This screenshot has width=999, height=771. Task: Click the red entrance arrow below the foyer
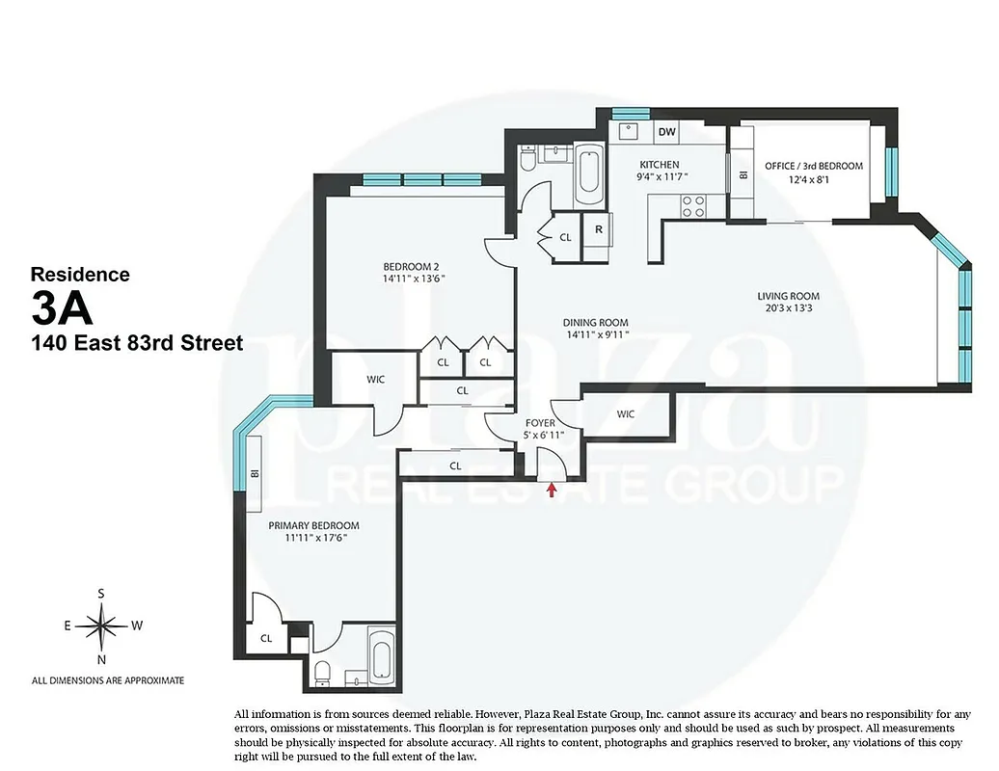pyautogui.click(x=552, y=490)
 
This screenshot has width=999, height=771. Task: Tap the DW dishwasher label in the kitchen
pyautogui.click(x=666, y=131)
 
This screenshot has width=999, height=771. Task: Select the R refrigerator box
pyautogui.click(x=599, y=229)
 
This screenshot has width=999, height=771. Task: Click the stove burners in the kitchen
pyautogui.click(x=692, y=205)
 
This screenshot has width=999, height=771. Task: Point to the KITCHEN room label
pyautogui.click(x=660, y=165)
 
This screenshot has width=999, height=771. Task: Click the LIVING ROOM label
pyautogui.click(x=788, y=296)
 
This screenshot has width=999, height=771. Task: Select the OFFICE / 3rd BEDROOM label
pyautogui.click(x=813, y=166)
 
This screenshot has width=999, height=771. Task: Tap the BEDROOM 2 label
pyautogui.click(x=414, y=267)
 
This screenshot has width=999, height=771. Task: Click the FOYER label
pyautogui.click(x=539, y=422)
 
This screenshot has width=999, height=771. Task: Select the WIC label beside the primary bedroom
pyautogui.click(x=375, y=380)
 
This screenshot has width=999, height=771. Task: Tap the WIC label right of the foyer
pyautogui.click(x=626, y=414)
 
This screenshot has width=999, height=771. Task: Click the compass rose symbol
pyautogui.click(x=101, y=625)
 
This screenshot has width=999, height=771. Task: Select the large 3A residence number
pyautogui.click(x=62, y=308)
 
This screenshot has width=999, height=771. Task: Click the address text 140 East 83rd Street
pyautogui.click(x=137, y=342)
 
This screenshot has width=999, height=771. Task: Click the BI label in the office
pyautogui.click(x=742, y=175)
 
